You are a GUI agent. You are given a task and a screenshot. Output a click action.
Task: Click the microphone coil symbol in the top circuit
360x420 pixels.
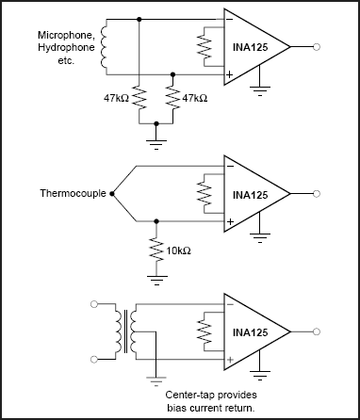coord(106,45)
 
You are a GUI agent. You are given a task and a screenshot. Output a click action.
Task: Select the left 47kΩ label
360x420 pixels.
coord(118,96)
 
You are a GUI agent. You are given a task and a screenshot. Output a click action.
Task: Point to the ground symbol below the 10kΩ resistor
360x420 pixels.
coord(156,279)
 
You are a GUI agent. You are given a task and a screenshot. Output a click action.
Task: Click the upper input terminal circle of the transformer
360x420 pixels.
coord(93,305)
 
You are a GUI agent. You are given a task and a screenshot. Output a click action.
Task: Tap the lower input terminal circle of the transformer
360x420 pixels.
coord(93,359)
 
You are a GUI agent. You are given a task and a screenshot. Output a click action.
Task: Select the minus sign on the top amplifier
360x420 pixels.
coord(230,19)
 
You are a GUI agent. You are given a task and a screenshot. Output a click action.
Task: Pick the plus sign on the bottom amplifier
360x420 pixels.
coord(230,359)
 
